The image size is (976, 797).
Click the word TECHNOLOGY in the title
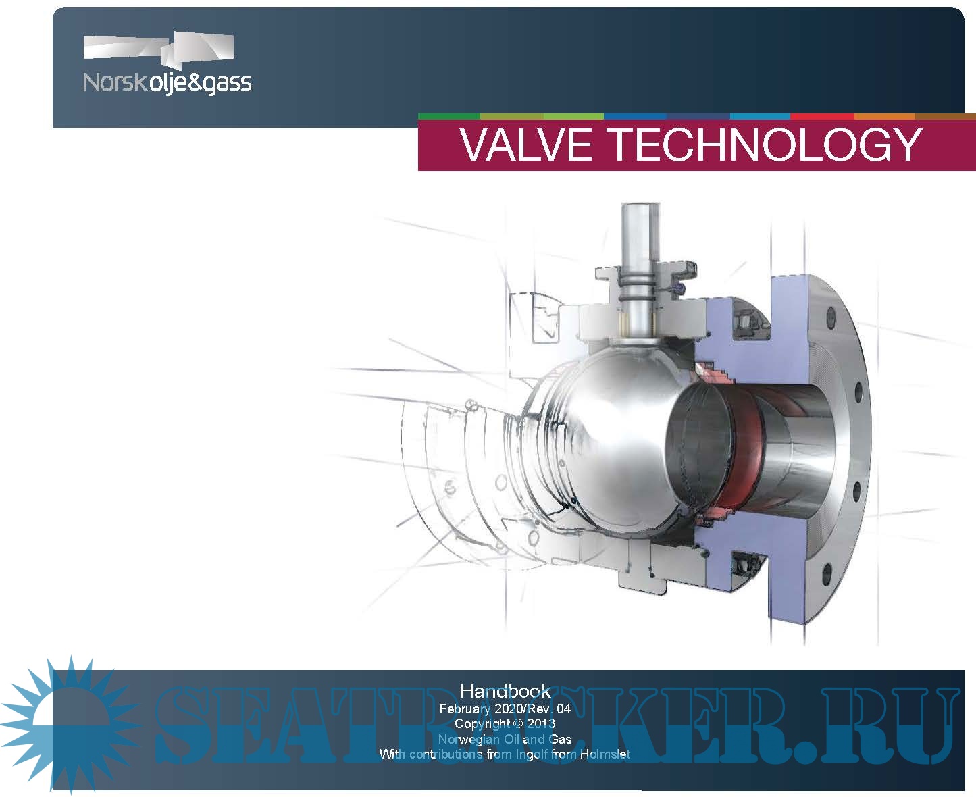765,145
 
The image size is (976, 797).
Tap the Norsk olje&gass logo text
167,82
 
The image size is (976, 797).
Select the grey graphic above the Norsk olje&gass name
159,49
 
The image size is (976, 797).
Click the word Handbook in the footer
505,691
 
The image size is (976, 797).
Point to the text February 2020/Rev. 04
505,709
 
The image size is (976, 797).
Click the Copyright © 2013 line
505,723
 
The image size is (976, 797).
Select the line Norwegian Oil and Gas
505,739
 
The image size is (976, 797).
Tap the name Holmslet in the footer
605,754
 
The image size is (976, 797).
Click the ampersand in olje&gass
189,82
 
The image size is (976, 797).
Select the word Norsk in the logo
114,82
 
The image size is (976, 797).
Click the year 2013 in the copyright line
541,723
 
